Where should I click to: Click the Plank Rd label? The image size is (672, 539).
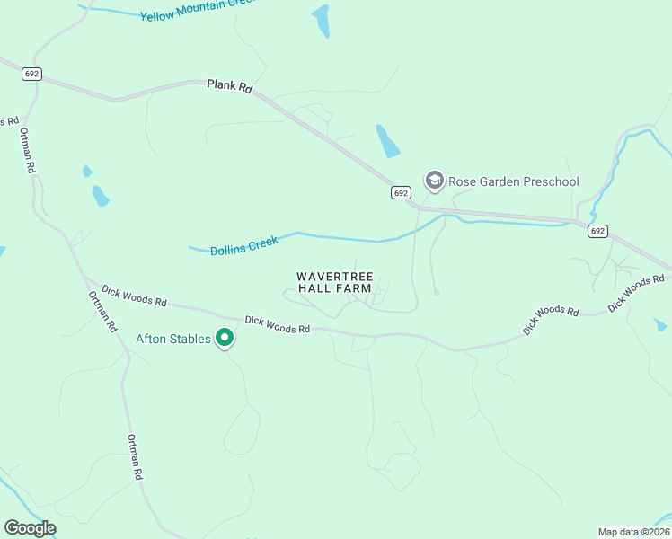(231, 85)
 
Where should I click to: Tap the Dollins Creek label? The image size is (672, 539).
(244, 245)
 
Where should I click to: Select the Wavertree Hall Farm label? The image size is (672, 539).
(336, 283)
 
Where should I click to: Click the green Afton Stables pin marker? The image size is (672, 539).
(225, 339)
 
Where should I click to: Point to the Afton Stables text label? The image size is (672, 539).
(172, 339)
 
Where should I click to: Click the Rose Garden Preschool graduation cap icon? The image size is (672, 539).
(435, 181)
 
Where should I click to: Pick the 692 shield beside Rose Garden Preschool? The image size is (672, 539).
(401, 193)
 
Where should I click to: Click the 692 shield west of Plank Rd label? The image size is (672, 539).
(32, 73)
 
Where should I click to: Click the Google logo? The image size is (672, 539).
(30, 528)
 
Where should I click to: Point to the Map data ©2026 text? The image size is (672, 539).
(633, 531)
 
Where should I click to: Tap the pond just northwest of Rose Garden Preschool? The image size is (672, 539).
(388, 141)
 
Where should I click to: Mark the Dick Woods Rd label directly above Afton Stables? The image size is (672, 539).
(134, 296)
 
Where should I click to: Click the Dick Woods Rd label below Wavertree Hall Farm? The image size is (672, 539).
(277, 324)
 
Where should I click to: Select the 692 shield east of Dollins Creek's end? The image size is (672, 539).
(597, 231)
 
